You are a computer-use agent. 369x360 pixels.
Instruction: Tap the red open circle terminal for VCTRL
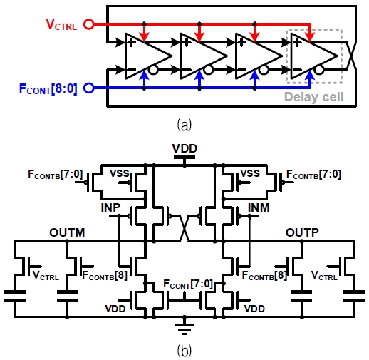[88, 24]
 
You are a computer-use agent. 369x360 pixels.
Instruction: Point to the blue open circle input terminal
[88, 89]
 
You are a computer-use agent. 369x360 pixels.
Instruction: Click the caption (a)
[184, 125]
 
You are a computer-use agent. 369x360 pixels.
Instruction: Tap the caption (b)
[184, 350]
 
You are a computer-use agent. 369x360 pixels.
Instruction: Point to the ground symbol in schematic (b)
[184, 329]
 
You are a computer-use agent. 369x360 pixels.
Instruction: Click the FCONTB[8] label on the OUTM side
[105, 275]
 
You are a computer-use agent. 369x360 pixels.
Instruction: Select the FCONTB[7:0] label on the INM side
[314, 173]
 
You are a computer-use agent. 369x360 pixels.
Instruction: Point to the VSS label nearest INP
[120, 173]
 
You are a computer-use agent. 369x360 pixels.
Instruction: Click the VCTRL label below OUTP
[327, 274]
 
